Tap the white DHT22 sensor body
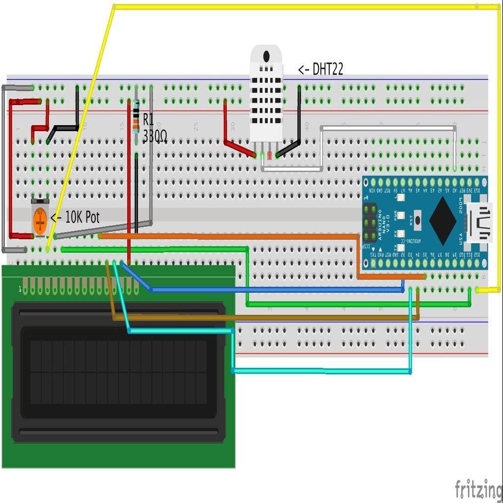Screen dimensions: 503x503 [266, 93]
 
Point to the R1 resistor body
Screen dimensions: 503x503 [136, 117]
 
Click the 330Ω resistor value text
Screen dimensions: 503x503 [155, 137]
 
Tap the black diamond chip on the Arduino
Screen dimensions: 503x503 [443, 221]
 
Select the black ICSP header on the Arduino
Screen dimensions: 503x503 [369, 222]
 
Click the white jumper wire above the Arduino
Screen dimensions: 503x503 [388, 128]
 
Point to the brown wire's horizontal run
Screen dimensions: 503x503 [265, 318]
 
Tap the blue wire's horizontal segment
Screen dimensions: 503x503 [275, 289]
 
